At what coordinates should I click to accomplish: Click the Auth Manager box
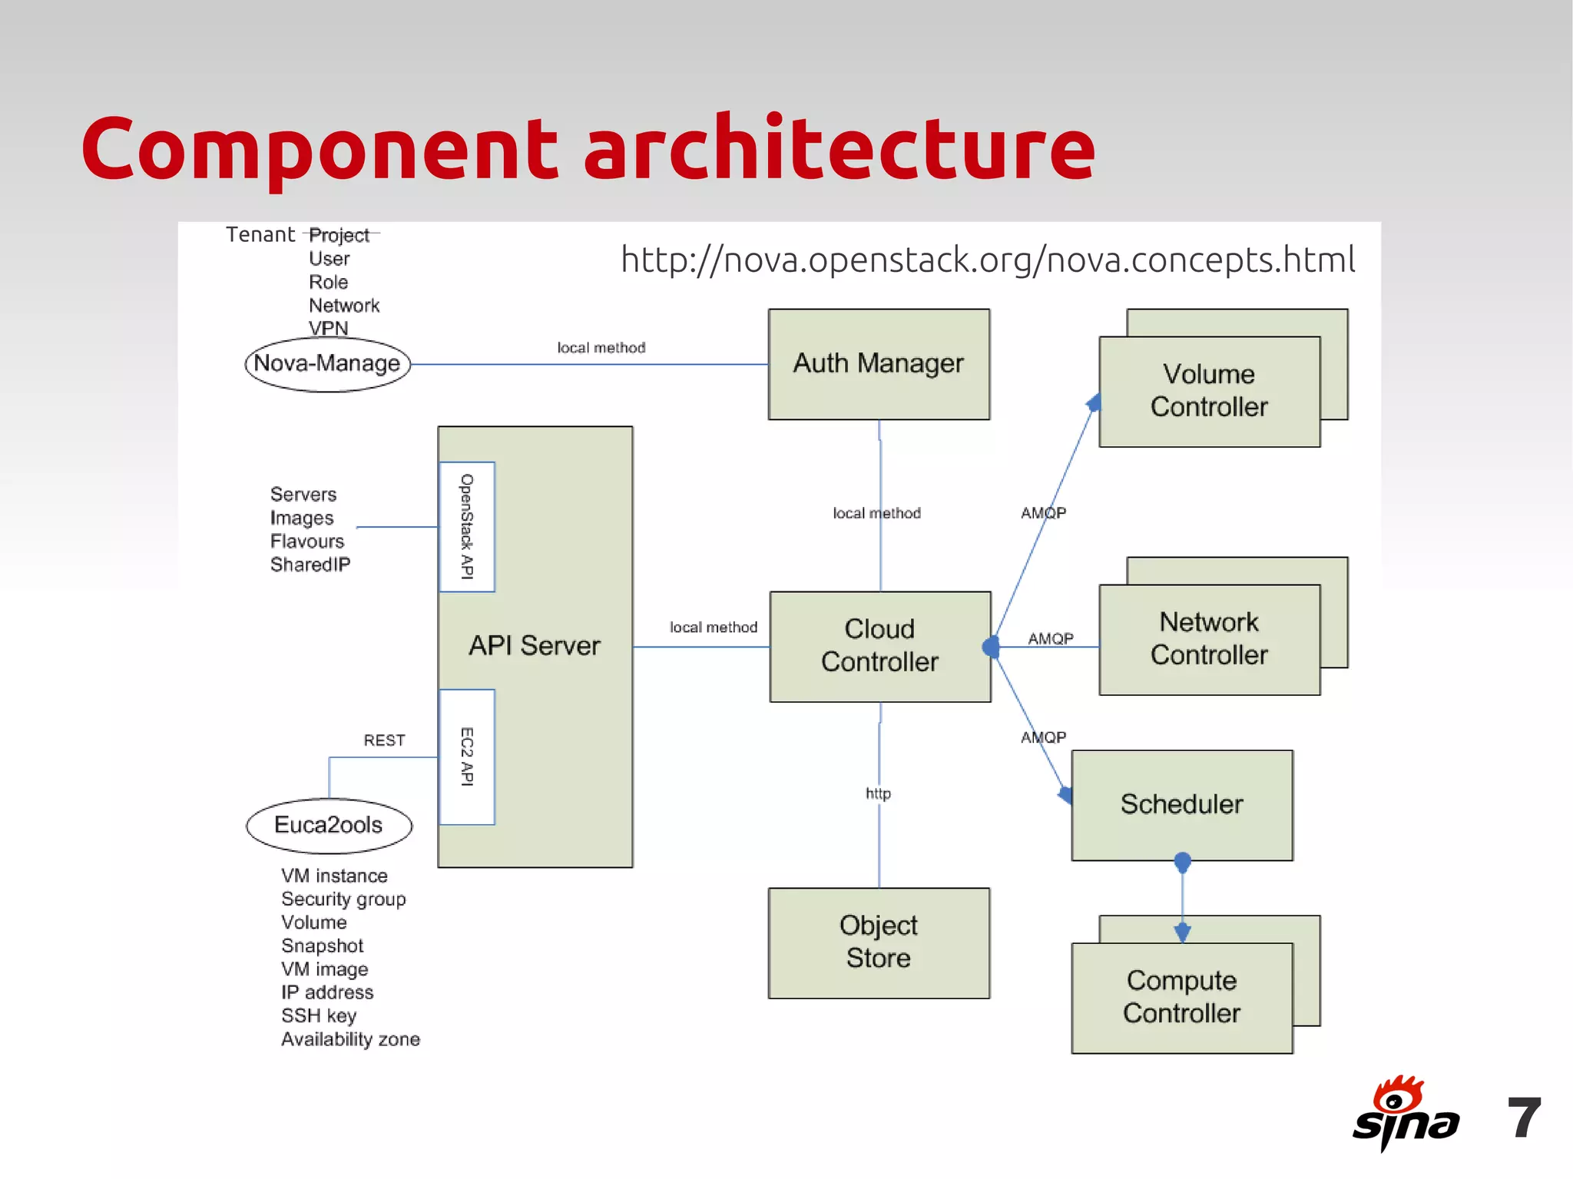[879, 364]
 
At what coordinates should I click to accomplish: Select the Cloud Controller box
[880, 646]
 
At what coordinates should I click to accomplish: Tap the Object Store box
[879, 942]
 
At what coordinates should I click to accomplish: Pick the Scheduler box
[1181, 804]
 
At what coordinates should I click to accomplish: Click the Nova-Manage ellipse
[327, 364]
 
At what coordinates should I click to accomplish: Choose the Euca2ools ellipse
[329, 825]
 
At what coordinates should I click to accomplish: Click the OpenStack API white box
[466, 526]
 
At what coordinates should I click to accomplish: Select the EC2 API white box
[466, 757]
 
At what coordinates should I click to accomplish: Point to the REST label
[384, 740]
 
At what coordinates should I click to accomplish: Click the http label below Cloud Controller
[878, 793]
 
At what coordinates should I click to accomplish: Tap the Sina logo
[1405, 1114]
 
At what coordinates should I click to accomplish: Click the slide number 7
[1524, 1118]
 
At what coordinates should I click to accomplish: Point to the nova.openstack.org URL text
[988, 260]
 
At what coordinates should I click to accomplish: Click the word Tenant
[260, 235]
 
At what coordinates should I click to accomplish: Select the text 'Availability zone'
[350, 1039]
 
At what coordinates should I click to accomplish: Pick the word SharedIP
[310, 565]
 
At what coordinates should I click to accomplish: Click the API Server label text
[535, 646]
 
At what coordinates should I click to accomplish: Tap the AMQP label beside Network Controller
[1051, 638]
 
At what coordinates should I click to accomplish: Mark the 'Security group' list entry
[343, 899]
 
